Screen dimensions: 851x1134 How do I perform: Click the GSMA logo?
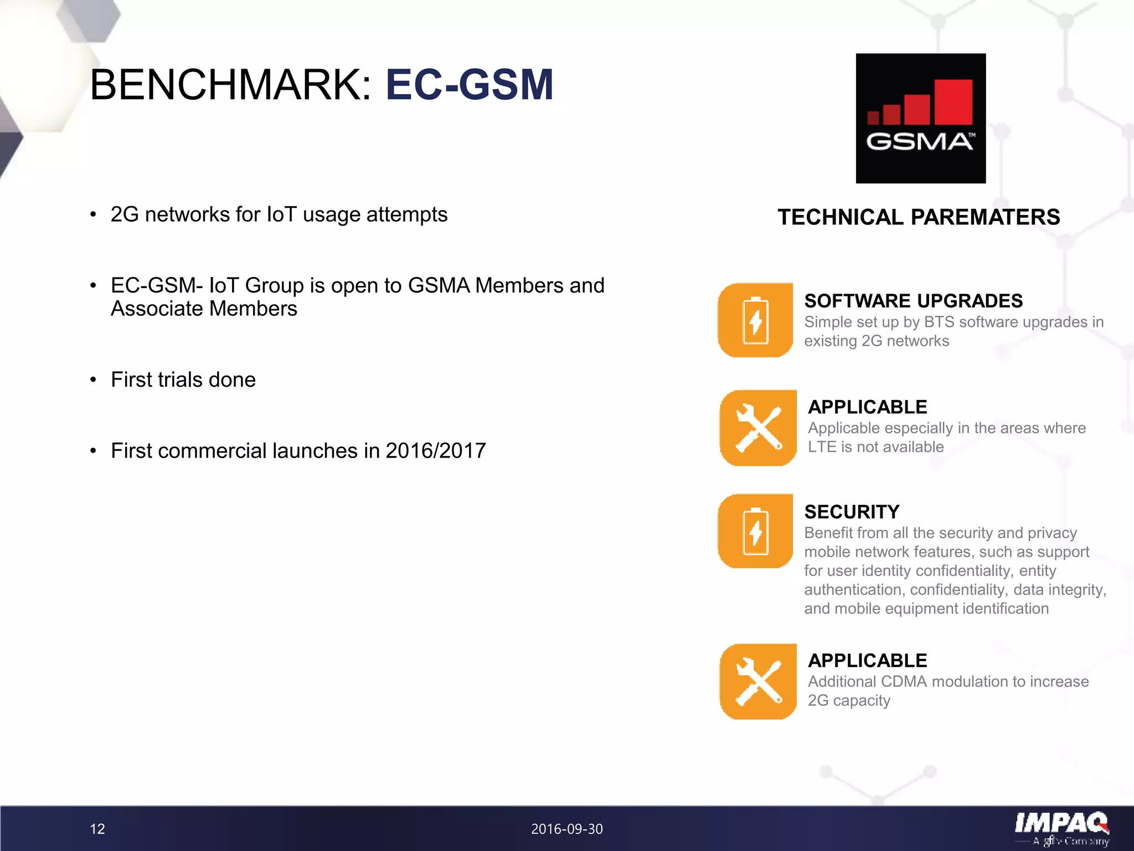pyautogui.click(x=920, y=118)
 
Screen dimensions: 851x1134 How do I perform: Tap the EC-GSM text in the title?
pyautogui.click(x=470, y=85)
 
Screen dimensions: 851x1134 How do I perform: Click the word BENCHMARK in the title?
pyautogui.click(x=230, y=85)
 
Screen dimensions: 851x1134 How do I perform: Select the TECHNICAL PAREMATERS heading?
pyautogui.click(x=919, y=217)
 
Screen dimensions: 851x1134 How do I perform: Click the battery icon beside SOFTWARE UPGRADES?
pyautogui.click(x=755, y=320)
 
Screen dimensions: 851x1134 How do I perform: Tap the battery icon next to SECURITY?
pyautogui.click(x=755, y=531)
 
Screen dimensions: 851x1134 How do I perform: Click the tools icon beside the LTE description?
pyautogui.click(x=758, y=428)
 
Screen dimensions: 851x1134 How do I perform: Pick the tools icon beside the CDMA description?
pyautogui.click(x=758, y=681)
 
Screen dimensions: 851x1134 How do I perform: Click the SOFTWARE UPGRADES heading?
pyautogui.click(x=913, y=301)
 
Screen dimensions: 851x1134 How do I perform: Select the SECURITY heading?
pyautogui.click(x=852, y=511)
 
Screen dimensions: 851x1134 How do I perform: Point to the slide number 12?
pyautogui.click(x=97, y=829)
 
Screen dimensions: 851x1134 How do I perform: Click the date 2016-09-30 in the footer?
pyautogui.click(x=566, y=829)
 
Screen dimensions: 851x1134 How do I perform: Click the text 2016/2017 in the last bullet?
pyautogui.click(x=435, y=450)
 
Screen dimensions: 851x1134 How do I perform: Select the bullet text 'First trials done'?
pyautogui.click(x=183, y=380)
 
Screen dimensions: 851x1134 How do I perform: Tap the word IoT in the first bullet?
pyautogui.click(x=281, y=214)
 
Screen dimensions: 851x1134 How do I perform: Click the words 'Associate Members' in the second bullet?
pyautogui.click(x=204, y=309)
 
